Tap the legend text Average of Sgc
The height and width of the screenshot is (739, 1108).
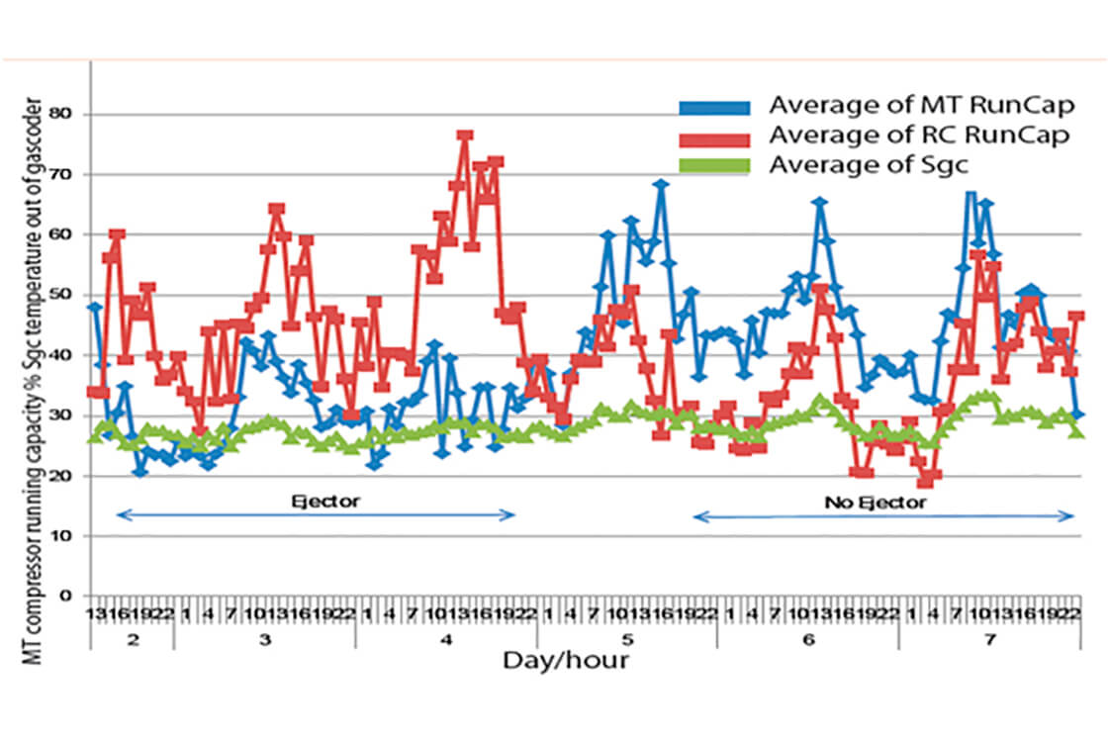(x=857, y=164)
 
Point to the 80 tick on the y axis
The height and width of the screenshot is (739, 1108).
(x=68, y=114)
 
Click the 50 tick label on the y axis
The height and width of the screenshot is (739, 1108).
(x=68, y=295)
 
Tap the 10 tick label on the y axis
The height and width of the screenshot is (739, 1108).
(x=68, y=535)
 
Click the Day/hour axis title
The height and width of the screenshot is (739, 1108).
(x=565, y=659)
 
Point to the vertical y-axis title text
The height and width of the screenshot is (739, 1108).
(x=33, y=381)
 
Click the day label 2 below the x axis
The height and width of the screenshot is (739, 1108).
(x=132, y=640)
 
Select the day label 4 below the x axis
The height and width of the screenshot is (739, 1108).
(x=446, y=640)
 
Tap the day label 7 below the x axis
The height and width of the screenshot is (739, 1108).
(x=990, y=640)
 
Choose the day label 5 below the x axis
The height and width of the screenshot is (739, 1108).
(x=627, y=640)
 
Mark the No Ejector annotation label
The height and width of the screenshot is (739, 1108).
(x=876, y=503)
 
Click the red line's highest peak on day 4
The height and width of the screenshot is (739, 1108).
(x=465, y=136)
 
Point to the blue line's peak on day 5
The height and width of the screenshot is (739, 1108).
(x=661, y=184)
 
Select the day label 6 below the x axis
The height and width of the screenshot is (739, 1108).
(x=808, y=640)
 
